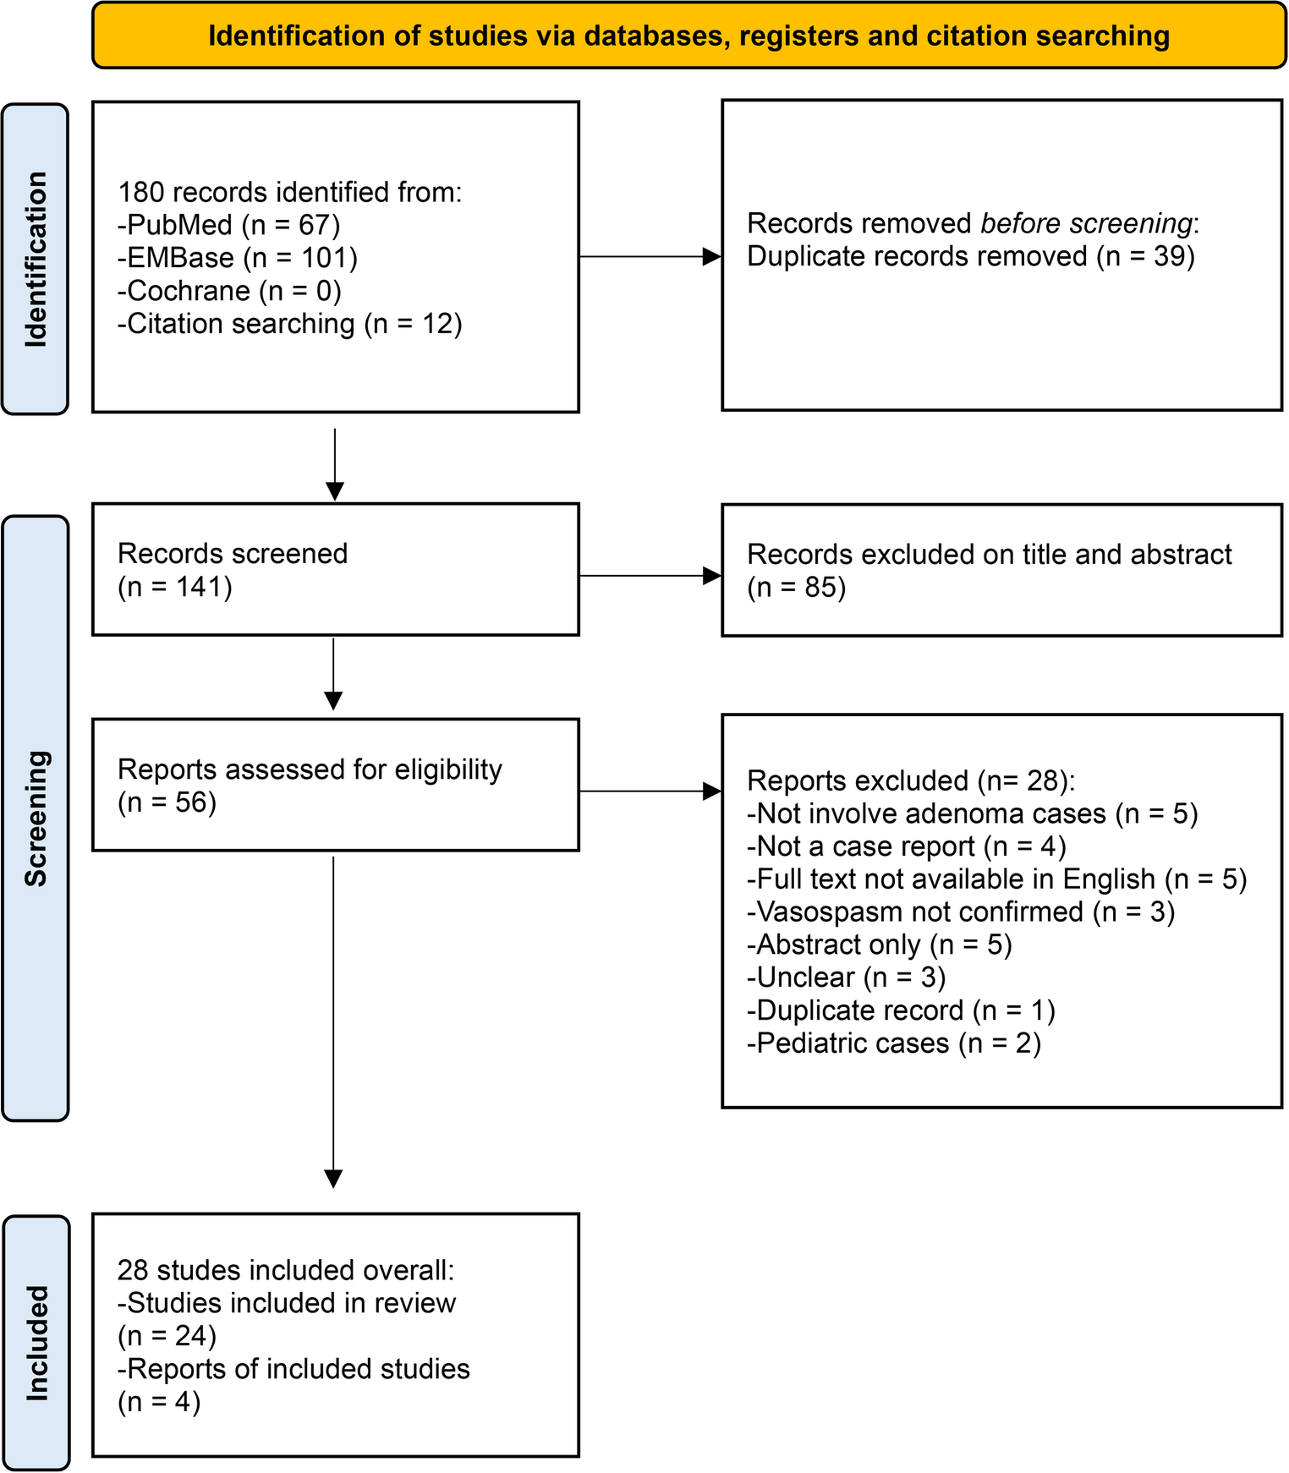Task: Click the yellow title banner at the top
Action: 688,36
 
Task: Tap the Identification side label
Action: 36,259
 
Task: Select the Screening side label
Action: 36,818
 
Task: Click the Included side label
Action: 36,1343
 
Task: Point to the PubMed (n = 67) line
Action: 228,225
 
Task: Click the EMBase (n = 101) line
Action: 237,258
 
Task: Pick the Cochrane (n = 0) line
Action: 228,291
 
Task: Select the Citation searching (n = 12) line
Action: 289,324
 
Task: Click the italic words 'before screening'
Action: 1086,223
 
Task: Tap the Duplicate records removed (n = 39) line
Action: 970,256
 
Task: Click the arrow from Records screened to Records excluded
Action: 650,576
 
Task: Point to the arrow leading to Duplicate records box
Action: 650,256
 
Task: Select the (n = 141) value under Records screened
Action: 174,586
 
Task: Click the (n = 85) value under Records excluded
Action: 796,587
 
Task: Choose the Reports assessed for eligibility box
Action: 335,784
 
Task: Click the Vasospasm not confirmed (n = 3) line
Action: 960,912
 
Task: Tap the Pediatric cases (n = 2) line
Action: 893,1043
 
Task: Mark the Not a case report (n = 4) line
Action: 906,846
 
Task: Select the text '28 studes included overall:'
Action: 286,1270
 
